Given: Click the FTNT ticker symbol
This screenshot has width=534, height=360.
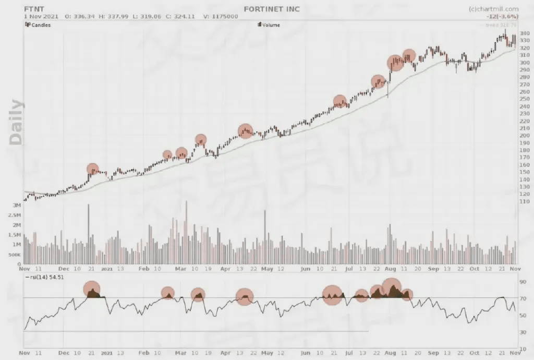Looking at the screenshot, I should [32, 9].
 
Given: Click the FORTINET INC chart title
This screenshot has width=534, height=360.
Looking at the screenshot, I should [273, 9].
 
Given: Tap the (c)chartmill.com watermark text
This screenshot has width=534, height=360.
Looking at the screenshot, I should [493, 9].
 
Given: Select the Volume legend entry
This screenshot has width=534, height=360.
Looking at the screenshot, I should [270, 25].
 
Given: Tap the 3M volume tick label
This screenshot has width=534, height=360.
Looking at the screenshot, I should [16, 205].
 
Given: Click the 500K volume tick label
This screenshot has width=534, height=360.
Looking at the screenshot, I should [14, 255].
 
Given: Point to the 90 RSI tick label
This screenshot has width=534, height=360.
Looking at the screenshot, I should [523, 282].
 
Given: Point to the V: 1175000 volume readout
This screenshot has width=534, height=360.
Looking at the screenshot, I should [221, 16].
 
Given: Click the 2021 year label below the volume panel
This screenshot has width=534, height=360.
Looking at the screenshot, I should [106, 269].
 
